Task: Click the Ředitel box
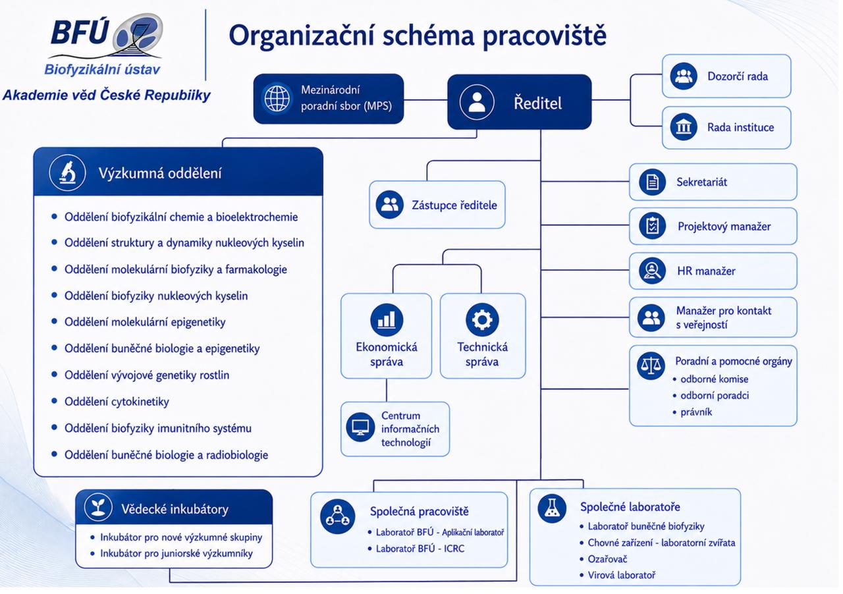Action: tap(520, 102)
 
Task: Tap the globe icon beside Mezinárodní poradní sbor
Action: tap(277, 99)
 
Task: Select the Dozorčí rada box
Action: tap(726, 76)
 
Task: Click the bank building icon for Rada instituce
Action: tap(684, 127)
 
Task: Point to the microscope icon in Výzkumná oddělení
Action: tap(67, 173)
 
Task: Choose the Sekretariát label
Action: tap(701, 182)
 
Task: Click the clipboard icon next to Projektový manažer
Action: tap(652, 226)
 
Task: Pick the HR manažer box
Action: tap(713, 271)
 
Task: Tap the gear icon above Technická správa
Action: tap(482, 319)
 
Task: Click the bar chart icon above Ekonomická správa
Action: tap(387, 319)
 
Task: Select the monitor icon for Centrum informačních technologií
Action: tap(360, 427)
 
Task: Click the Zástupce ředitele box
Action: tap(437, 205)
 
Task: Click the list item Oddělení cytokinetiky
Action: tap(117, 402)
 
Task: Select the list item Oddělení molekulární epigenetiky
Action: tap(145, 322)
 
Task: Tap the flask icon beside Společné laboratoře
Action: tap(552, 509)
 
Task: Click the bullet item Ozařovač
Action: tap(607, 559)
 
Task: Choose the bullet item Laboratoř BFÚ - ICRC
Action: tap(420, 549)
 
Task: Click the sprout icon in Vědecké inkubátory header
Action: tap(98, 506)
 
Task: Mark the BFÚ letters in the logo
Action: tap(80, 32)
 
